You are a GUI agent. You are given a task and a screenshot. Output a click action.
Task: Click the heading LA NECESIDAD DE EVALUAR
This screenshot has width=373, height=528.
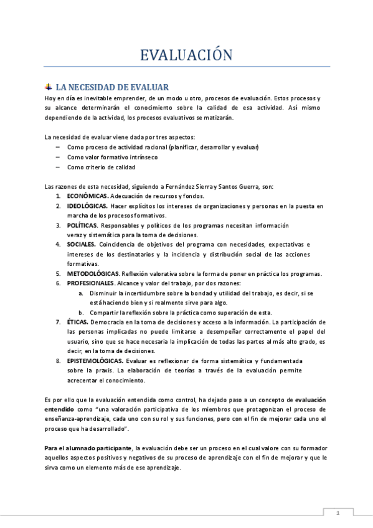click(x=112, y=87)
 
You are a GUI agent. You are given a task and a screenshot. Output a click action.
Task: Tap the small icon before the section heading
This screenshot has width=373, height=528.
click(x=49, y=87)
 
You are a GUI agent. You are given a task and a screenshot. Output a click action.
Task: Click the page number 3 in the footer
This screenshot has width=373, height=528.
click(x=337, y=513)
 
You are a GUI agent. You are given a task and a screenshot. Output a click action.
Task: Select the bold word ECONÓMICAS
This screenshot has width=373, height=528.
click(x=87, y=196)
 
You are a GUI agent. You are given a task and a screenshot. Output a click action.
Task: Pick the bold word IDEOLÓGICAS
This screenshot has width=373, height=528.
click(x=87, y=205)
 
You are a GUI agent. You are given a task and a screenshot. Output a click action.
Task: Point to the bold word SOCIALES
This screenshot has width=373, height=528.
click(x=81, y=245)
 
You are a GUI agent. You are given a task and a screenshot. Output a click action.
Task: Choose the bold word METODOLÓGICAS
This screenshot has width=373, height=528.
click(x=93, y=273)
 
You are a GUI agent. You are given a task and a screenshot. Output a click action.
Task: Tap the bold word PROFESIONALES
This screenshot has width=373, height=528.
click(x=91, y=283)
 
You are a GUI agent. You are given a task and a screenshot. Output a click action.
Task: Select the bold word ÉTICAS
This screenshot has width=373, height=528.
click(x=78, y=322)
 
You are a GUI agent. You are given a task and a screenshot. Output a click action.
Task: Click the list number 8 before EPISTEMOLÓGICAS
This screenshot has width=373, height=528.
click(x=58, y=361)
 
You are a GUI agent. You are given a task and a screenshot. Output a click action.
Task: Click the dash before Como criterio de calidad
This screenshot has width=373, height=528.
click(x=57, y=167)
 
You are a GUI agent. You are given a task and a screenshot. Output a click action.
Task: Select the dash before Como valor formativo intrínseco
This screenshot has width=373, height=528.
click(x=57, y=157)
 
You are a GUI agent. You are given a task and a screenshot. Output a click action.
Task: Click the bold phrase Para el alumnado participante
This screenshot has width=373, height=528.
click(x=88, y=448)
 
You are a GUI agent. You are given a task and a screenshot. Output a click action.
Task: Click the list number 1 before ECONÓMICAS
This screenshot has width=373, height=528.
click(x=58, y=196)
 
